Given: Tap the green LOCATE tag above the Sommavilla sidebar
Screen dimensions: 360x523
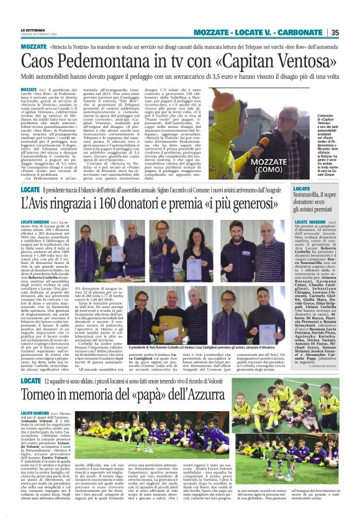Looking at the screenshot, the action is click(x=302, y=188).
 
